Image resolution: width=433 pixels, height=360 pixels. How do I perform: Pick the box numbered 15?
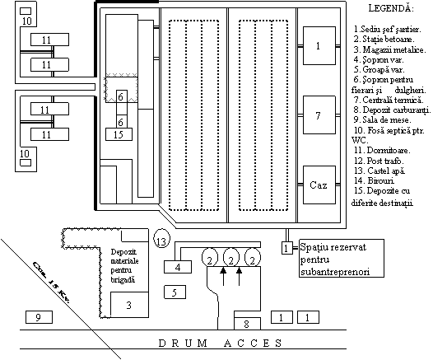pyautogui.click(x=119, y=134)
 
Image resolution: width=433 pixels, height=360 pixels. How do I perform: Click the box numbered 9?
pyautogui.click(x=39, y=317)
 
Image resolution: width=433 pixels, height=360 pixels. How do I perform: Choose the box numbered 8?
pyautogui.click(x=247, y=324)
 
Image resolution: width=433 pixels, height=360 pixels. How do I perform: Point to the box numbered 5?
pyautogui.click(x=175, y=292)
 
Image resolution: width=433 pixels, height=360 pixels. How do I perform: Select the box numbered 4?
pyautogui.click(x=178, y=267)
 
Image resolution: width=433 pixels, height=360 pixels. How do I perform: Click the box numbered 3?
pyautogui.click(x=129, y=305)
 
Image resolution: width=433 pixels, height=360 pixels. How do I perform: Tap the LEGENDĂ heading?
pyautogui.click(x=391, y=8)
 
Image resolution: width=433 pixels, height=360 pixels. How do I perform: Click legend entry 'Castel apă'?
pyautogui.click(x=379, y=171)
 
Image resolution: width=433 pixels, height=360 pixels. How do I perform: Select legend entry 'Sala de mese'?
pyautogui.click(x=383, y=119)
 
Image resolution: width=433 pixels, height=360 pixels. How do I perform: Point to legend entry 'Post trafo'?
pyautogui.click(x=379, y=161)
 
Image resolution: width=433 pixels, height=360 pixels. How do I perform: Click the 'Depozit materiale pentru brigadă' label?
pyautogui.click(x=125, y=265)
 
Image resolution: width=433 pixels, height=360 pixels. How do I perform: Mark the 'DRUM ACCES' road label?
pyautogui.click(x=220, y=344)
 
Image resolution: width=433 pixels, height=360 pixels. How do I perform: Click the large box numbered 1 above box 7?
pyautogui.click(x=319, y=45)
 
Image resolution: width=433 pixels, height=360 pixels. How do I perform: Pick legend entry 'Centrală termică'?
pyautogui.click(x=389, y=100)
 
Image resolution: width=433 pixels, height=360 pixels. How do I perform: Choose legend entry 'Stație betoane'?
pyautogui.click(x=384, y=39)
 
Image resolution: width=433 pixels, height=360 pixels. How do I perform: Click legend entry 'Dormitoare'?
pyautogui.click(x=382, y=150)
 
